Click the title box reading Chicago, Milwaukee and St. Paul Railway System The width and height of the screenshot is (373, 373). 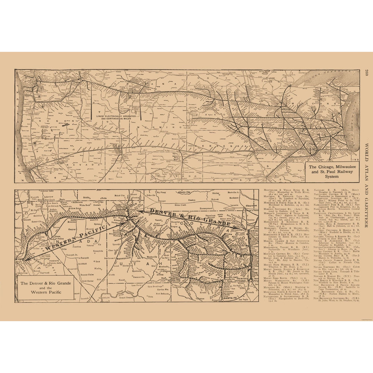click(332, 171)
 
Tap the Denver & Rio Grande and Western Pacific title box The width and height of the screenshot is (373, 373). click(46, 287)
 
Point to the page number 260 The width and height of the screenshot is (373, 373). click(366, 73)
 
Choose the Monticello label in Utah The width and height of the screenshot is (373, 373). click(162, 266)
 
